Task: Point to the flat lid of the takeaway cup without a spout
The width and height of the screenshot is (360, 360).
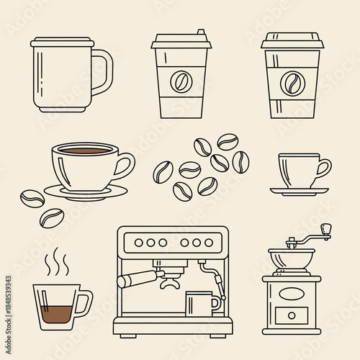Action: (x=291, y=40)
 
